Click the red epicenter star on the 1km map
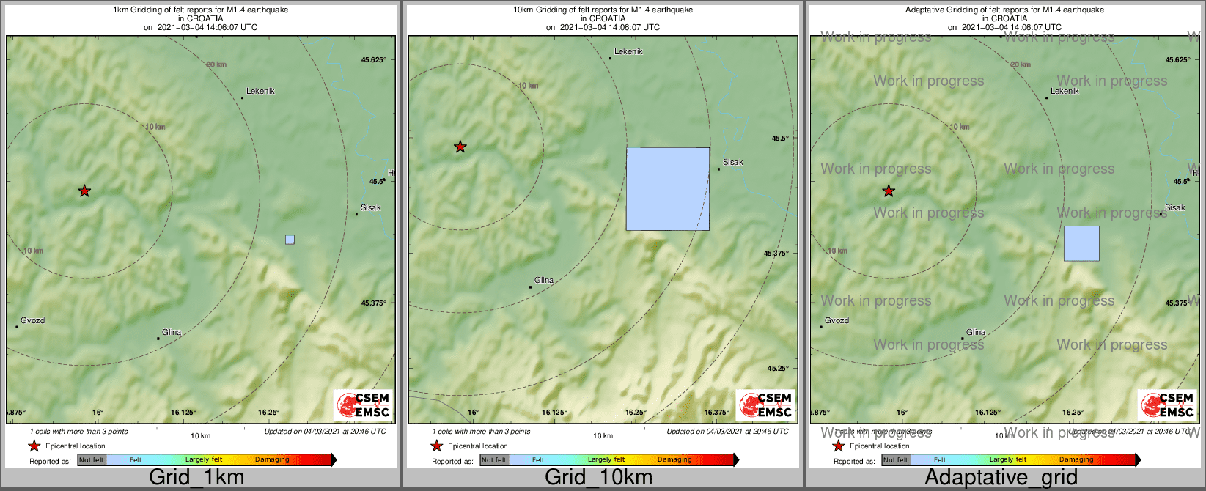84,191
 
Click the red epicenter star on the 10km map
460,147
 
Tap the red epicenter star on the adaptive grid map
889,191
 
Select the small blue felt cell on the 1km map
290,240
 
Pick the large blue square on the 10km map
667,189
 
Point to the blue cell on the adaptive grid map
1081,243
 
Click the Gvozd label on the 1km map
32,321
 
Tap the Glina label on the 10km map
544,281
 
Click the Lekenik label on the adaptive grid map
1065,92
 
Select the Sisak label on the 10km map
733,163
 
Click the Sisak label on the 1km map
371,208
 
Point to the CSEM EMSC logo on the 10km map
765,405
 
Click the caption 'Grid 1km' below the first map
196,478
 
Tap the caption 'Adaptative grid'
1001,478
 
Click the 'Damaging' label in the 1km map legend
272,460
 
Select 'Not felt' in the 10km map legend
493,460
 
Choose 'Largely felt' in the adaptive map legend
1008,460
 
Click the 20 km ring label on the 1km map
216,65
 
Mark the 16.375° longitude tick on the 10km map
717,413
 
